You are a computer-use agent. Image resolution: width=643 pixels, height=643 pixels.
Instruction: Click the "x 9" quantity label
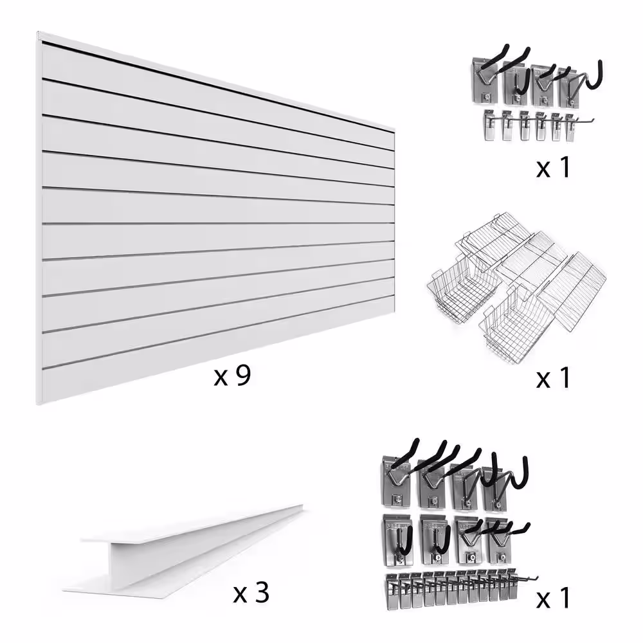(232, 376)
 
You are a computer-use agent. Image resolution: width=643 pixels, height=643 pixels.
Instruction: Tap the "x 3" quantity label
(251, 593)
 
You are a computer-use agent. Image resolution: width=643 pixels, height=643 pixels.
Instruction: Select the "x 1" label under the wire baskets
(553, 378)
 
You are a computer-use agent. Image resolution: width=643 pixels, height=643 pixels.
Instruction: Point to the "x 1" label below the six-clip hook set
(553, 167)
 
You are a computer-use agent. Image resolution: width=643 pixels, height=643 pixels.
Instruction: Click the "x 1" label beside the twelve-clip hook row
(553, 598)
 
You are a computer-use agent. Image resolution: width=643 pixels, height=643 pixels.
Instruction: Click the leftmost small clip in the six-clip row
(489, 125)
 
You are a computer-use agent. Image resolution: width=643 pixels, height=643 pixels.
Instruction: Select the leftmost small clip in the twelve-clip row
(392, 590)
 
